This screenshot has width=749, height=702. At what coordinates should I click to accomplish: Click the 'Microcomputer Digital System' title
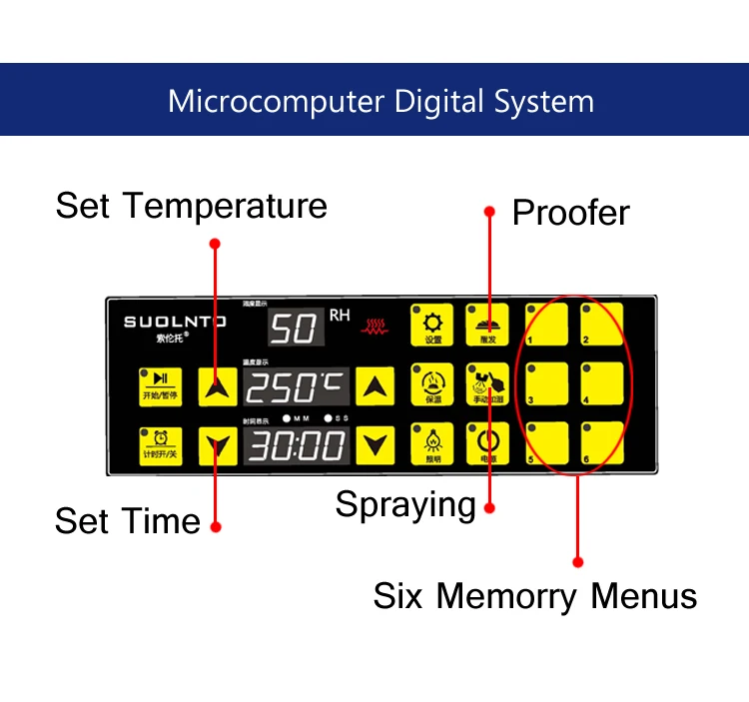point(380,101)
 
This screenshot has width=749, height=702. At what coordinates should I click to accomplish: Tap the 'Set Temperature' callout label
point(191,206)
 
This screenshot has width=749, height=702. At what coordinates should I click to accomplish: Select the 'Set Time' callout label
point(127,521)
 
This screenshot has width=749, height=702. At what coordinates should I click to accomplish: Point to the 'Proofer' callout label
point(570,213)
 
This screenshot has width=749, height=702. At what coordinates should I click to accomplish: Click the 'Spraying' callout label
point(405,504)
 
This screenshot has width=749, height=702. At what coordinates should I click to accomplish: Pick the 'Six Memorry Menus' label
point(534,596)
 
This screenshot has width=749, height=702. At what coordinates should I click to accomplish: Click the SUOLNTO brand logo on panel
point(175,323)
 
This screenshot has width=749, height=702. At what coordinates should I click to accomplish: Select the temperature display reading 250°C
point(297,386)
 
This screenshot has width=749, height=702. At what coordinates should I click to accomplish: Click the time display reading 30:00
point(297,445)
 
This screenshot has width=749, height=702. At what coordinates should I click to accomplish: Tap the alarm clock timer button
point(160,445)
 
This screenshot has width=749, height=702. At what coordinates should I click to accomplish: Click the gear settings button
point(432,326)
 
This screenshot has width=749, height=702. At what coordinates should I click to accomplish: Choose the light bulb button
point(432,444)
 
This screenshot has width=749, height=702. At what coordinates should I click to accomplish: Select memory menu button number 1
point(547,325)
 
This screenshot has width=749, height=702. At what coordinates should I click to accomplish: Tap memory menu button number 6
point(602,443)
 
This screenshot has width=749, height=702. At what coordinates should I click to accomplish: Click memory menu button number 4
point(602,384)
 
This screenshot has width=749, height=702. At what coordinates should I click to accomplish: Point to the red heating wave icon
point(376,326)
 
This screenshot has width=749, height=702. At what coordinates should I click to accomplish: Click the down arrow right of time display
point(375,445)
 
